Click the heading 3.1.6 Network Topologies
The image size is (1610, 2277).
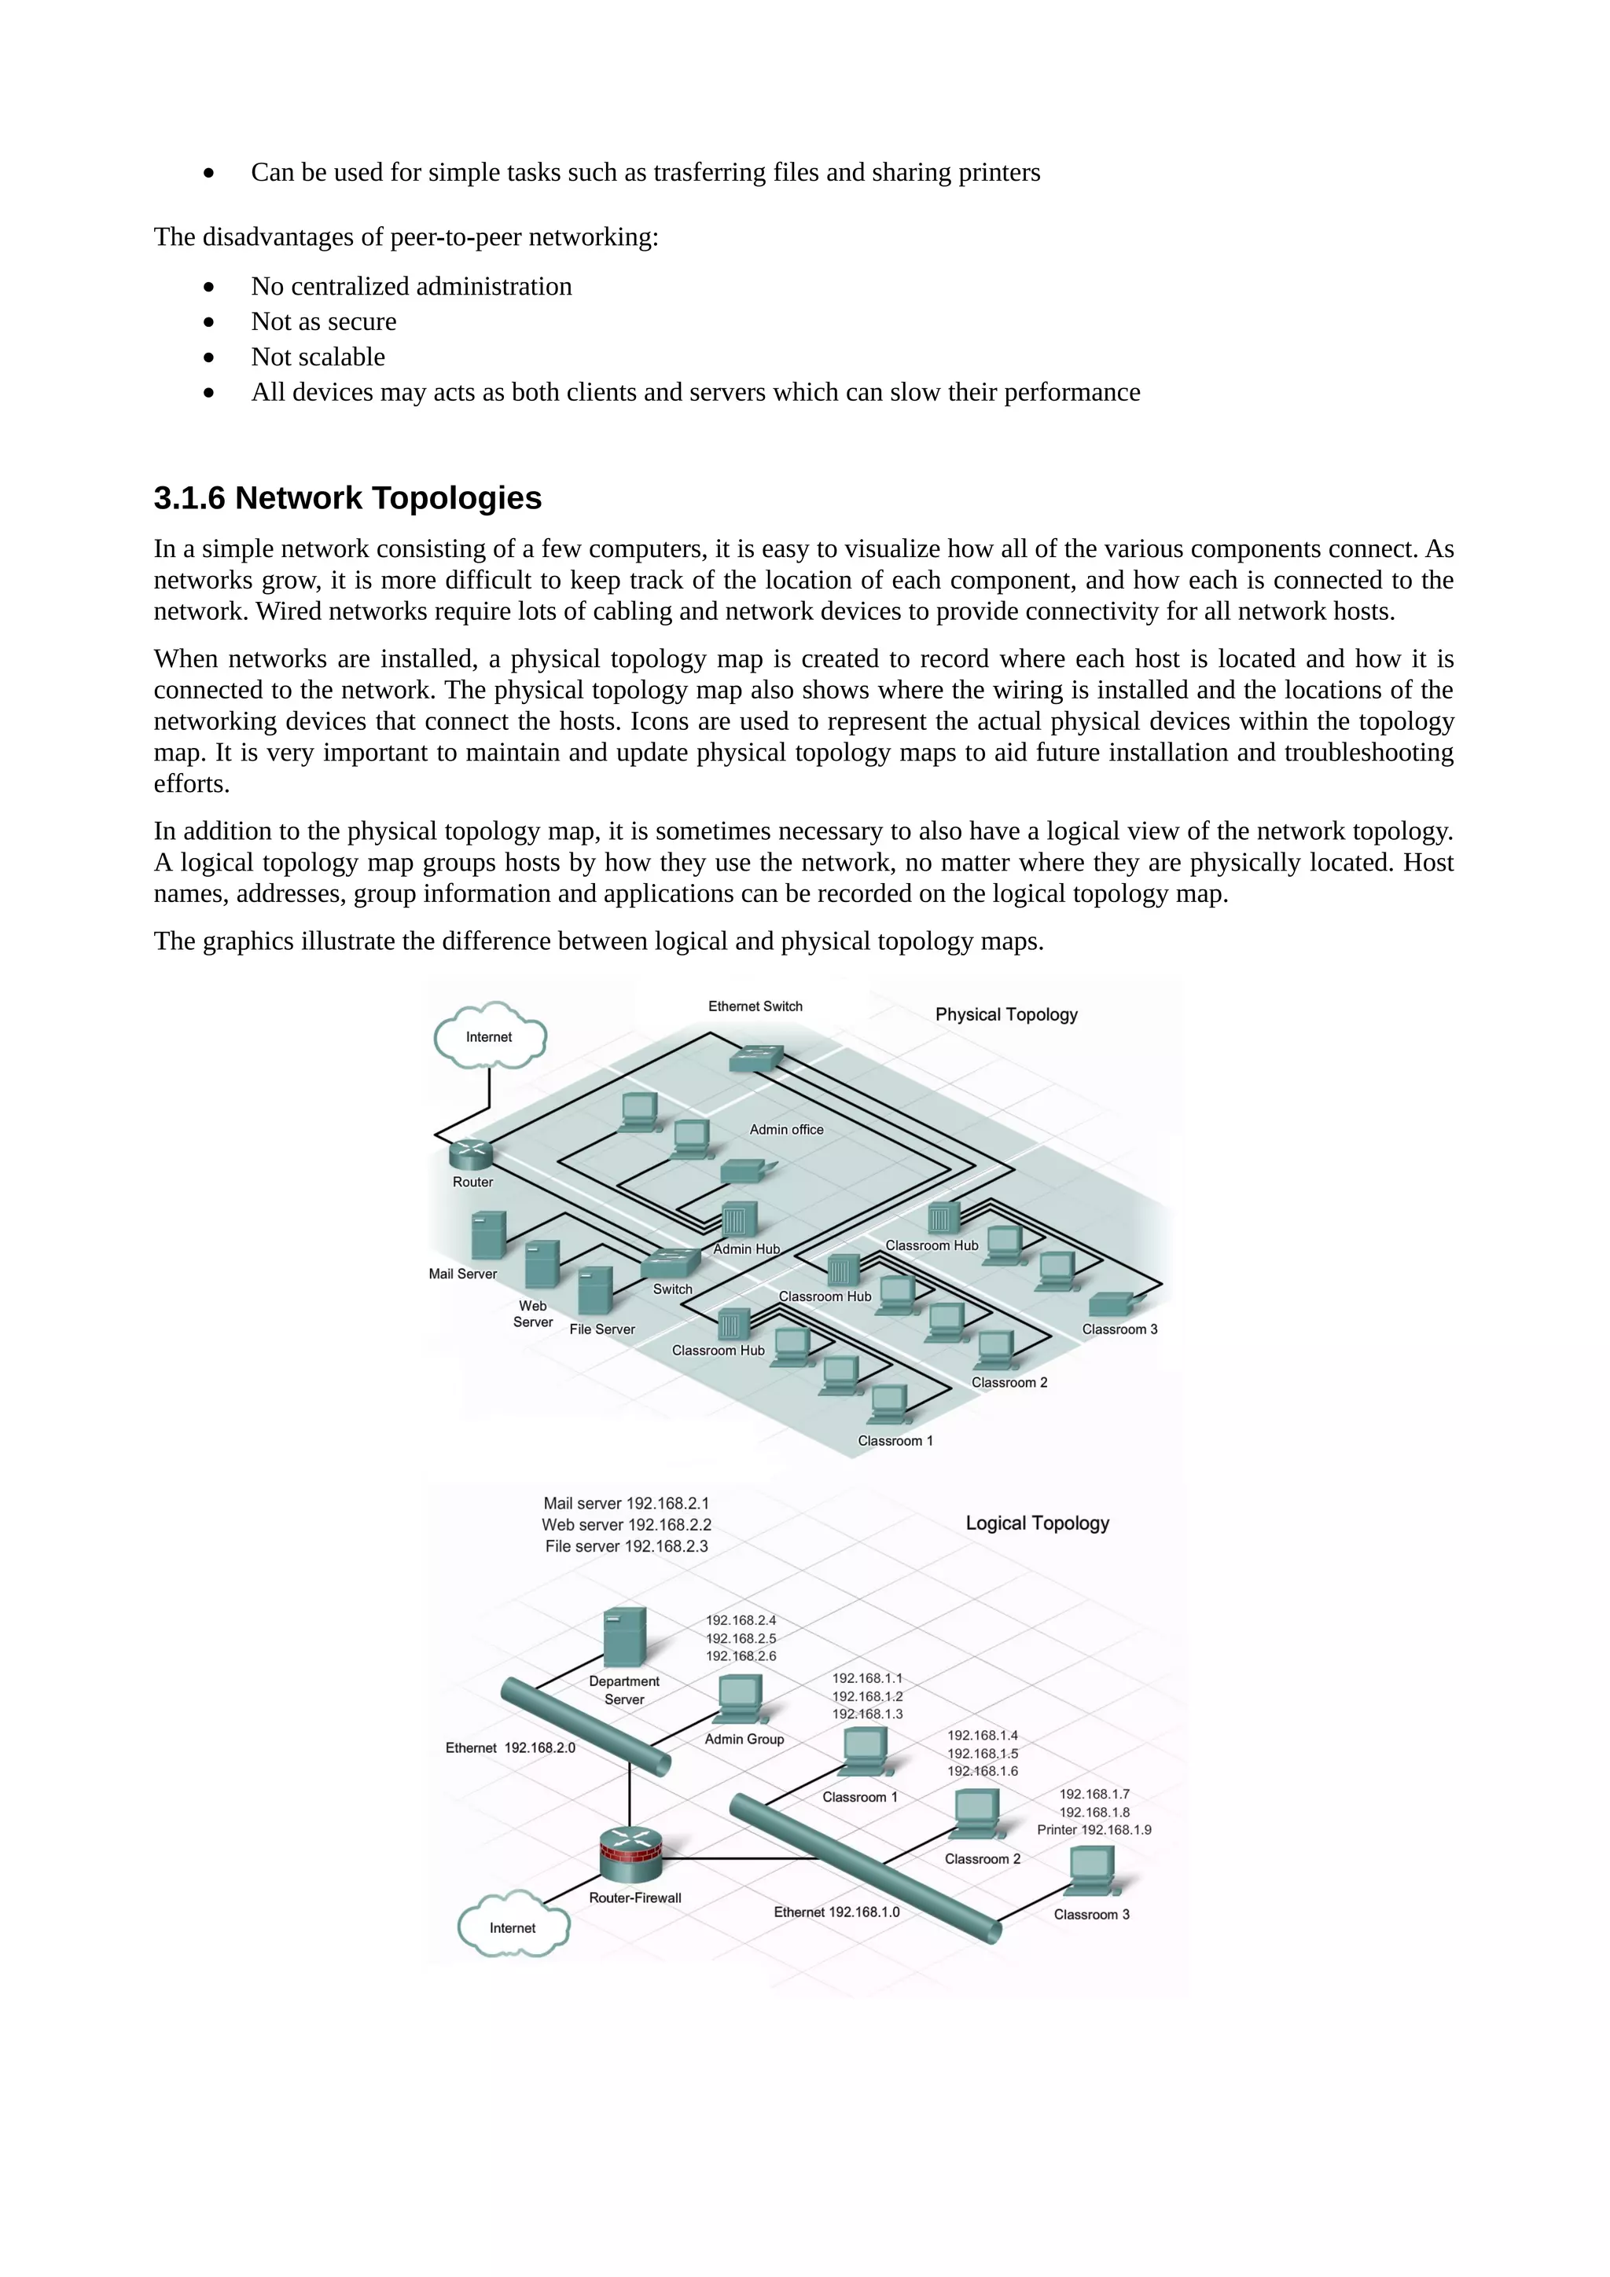[347, 498]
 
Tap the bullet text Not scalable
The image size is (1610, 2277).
[318, 357]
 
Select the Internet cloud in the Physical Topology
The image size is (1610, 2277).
[489, 1036]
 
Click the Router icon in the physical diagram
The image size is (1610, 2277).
[470, 1153]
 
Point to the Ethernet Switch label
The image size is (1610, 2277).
[755, 1006]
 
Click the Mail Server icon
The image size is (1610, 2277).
[488, 1234]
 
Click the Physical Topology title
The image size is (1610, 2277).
[1006, 1014]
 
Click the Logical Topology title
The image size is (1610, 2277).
[1037, 1523]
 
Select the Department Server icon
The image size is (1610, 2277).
[624, 1637]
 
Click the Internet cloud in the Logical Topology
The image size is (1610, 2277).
[513, 1927]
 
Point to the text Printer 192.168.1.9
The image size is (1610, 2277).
[1094, 1830]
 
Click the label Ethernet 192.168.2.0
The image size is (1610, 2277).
[510, 1747]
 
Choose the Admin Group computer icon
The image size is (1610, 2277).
[740, 1699]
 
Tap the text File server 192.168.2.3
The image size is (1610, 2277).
[626, 1546]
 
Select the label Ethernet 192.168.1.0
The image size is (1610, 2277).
[836, 1912]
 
